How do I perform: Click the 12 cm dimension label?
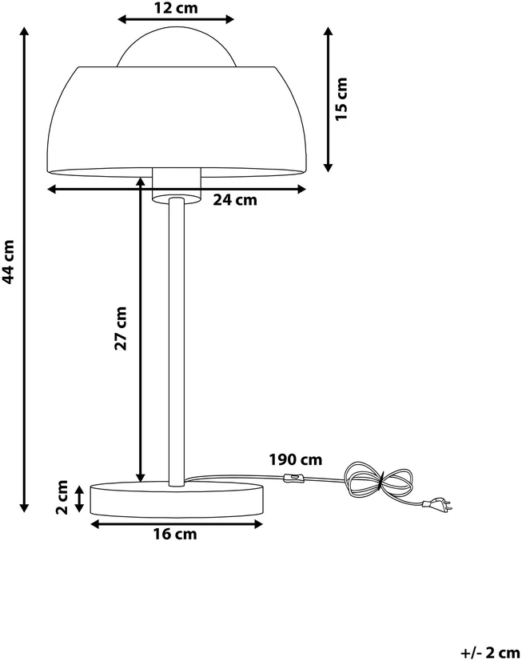(176, 7)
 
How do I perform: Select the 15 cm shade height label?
(341, 99)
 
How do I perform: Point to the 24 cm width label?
(234, 199)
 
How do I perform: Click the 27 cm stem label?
(121, 328)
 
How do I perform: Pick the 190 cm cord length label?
(296, 459)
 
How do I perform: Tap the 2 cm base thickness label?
(62, 497)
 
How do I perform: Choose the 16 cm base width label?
(175, 534)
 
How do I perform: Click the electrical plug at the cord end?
(438, 503)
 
